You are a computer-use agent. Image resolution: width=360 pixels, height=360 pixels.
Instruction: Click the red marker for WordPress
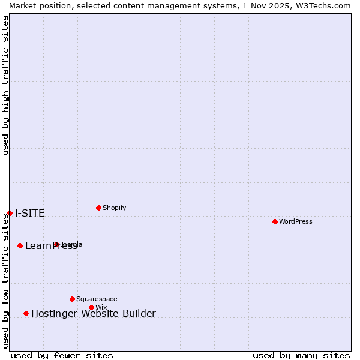(275, 221)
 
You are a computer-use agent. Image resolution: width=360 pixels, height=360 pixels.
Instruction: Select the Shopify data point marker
(98, 208)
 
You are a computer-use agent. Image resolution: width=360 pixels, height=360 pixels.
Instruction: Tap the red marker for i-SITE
(10, 213)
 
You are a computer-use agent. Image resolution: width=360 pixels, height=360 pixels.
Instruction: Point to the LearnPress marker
(20, 245)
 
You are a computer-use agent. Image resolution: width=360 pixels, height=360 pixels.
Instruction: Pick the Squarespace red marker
(72, 299)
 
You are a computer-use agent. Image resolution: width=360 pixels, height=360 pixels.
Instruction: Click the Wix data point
(91, 307)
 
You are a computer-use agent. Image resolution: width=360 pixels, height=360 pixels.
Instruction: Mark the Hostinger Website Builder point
(26, 313)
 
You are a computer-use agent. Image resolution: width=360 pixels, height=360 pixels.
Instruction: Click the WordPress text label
(296, 221)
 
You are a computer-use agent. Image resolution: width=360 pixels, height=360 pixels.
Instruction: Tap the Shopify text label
(114, 208)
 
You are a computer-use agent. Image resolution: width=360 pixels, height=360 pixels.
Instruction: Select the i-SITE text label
(29, 214)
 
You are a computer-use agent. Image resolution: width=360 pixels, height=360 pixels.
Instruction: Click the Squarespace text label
(97, 299)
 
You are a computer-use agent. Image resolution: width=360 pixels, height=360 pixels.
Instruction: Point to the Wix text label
(101, 307)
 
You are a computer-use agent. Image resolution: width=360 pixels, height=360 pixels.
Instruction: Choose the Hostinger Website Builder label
(93, 313)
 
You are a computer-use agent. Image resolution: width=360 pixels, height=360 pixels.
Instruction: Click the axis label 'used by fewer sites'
(62, 355)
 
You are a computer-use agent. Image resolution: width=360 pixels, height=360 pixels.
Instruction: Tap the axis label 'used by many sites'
(301, 355)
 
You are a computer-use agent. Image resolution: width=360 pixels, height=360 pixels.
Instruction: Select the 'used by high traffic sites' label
(5, 85)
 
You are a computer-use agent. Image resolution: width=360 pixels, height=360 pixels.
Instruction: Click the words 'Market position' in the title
(37, 5)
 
